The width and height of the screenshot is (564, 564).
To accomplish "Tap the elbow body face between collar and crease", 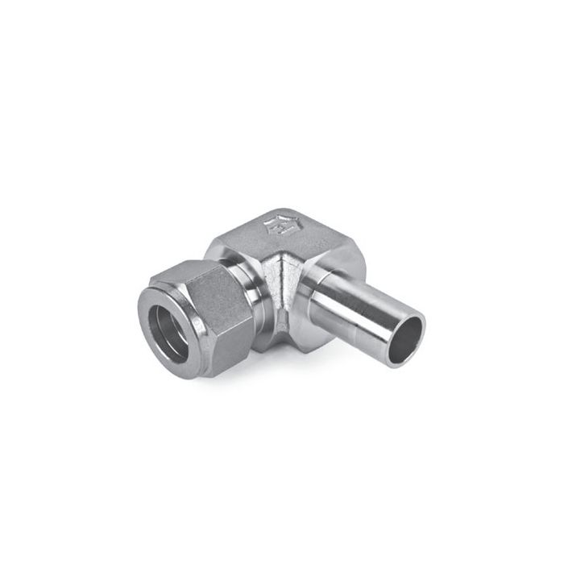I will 270,282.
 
